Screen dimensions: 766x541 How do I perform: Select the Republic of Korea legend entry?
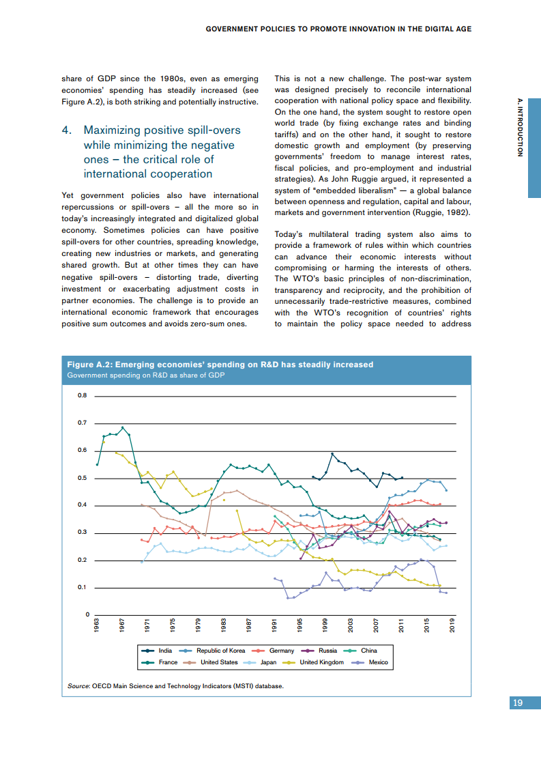(220, 651)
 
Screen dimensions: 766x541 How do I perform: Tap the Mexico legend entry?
(378, 662)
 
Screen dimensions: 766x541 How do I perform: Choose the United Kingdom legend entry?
(321, 662)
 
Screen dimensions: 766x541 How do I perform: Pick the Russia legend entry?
(328, 651)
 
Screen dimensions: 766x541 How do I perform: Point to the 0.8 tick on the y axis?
(83, 396)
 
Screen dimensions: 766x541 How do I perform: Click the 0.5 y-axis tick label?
(83, 478)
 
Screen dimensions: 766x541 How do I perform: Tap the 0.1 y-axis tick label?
(83, 587)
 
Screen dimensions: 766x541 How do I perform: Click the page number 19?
(518, 703)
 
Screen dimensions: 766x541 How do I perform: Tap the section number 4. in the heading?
(67, 130)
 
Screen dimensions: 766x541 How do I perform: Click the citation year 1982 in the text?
(456, 213)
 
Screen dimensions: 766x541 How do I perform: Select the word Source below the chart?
(78, 685)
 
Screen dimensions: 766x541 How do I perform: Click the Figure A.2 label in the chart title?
(88, 365)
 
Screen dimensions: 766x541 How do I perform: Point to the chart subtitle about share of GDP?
(145, 375)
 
